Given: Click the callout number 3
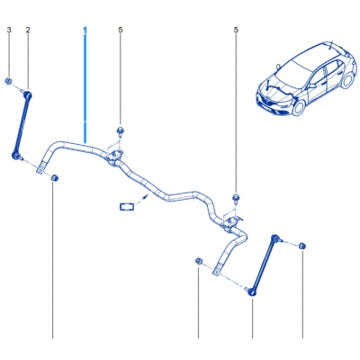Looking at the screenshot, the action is pos(9,30).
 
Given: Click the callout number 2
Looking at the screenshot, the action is pos(28,30).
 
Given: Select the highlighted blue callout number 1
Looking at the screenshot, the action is pos(85,30).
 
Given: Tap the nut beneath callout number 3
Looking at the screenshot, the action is pos(8,81).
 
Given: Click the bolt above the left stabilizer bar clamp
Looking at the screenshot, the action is pos(121,131).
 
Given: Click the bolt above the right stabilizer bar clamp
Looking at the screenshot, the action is pos(236,198).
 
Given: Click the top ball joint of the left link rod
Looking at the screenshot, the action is pos(29,95).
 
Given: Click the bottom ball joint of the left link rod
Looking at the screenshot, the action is pos(15,156).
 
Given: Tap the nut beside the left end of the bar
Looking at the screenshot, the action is pos(55,177).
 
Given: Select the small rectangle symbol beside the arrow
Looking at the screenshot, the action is pos(127,206).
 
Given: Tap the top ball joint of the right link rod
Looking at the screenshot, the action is pos(274,238).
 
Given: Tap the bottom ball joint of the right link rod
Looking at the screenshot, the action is pos(251,292).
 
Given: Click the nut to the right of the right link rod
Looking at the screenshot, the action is pos(302,246).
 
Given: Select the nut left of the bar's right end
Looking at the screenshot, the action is pos(198,261).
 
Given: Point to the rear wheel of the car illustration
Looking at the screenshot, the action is pos(347,80).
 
